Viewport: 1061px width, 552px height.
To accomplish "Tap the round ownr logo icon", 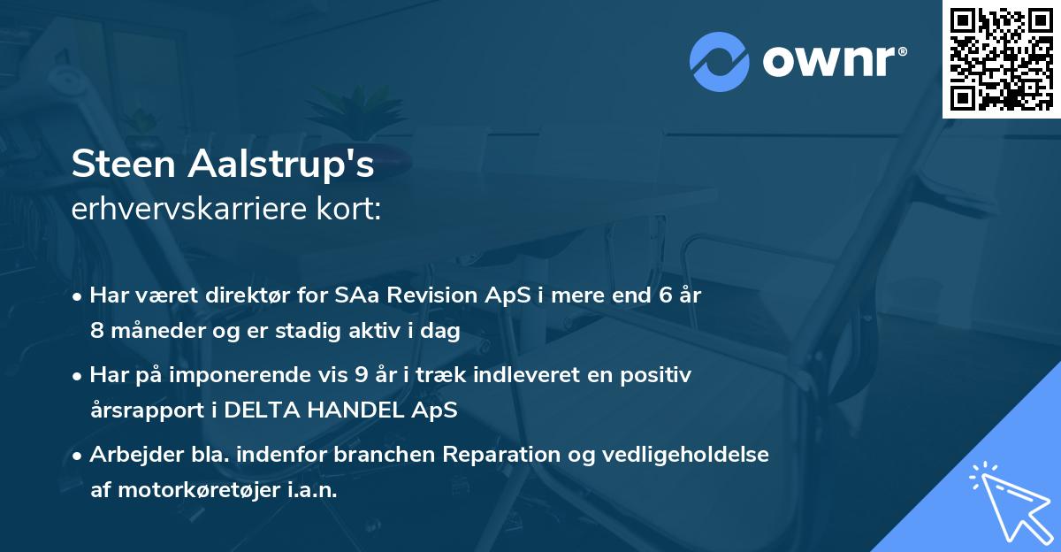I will click(x=720, y=62).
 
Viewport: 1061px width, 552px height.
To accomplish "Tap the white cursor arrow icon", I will click(x=1007, y=499).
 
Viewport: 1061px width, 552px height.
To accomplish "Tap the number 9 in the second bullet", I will click(x=361, y=375).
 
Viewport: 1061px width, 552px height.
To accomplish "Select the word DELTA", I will click(x=258, y=410).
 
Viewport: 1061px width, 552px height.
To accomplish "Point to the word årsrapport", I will click(x=138, y=410).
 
